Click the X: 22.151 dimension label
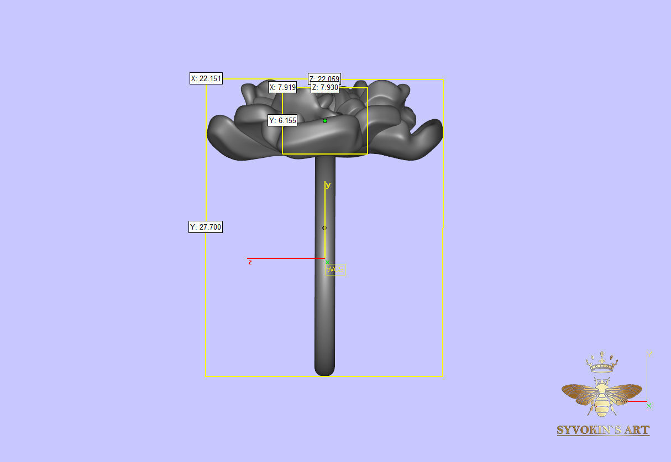206,79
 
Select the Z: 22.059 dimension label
324,78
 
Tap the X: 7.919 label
282,87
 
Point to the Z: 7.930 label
324,87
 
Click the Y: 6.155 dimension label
282,120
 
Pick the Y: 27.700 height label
206,227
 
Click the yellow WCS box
335,269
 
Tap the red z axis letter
250,263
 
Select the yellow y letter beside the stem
328,185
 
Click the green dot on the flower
325,120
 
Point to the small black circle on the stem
324,228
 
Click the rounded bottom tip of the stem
324,371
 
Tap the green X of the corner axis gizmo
649,406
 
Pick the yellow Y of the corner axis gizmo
649,354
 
